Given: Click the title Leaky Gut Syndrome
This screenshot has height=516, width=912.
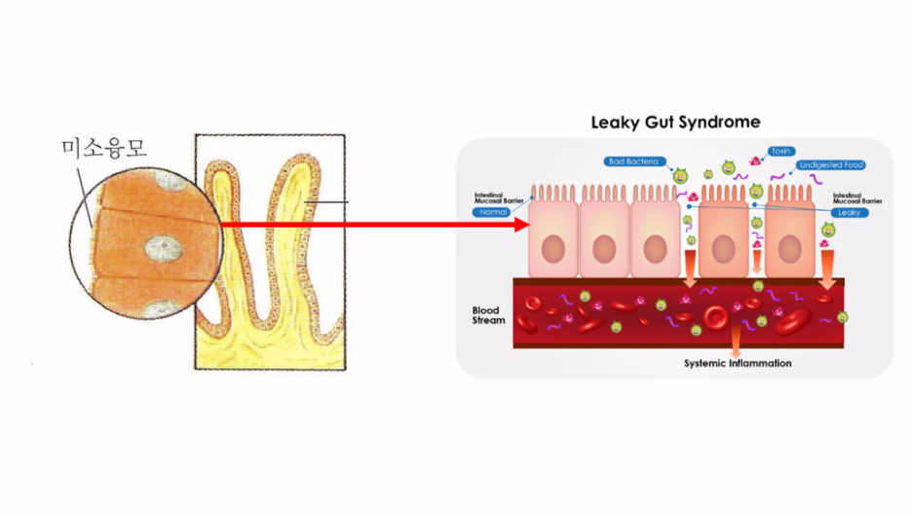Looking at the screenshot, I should pos(675,123).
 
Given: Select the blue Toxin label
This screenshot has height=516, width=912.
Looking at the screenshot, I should pos(780,152).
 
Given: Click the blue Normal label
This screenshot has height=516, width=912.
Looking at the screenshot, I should pos(494,211).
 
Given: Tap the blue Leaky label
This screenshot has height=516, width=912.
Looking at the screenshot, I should pos(848,211).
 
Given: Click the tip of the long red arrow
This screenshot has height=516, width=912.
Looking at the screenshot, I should pos(524,225).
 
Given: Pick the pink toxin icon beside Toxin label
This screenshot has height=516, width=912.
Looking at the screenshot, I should pos(755,160).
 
